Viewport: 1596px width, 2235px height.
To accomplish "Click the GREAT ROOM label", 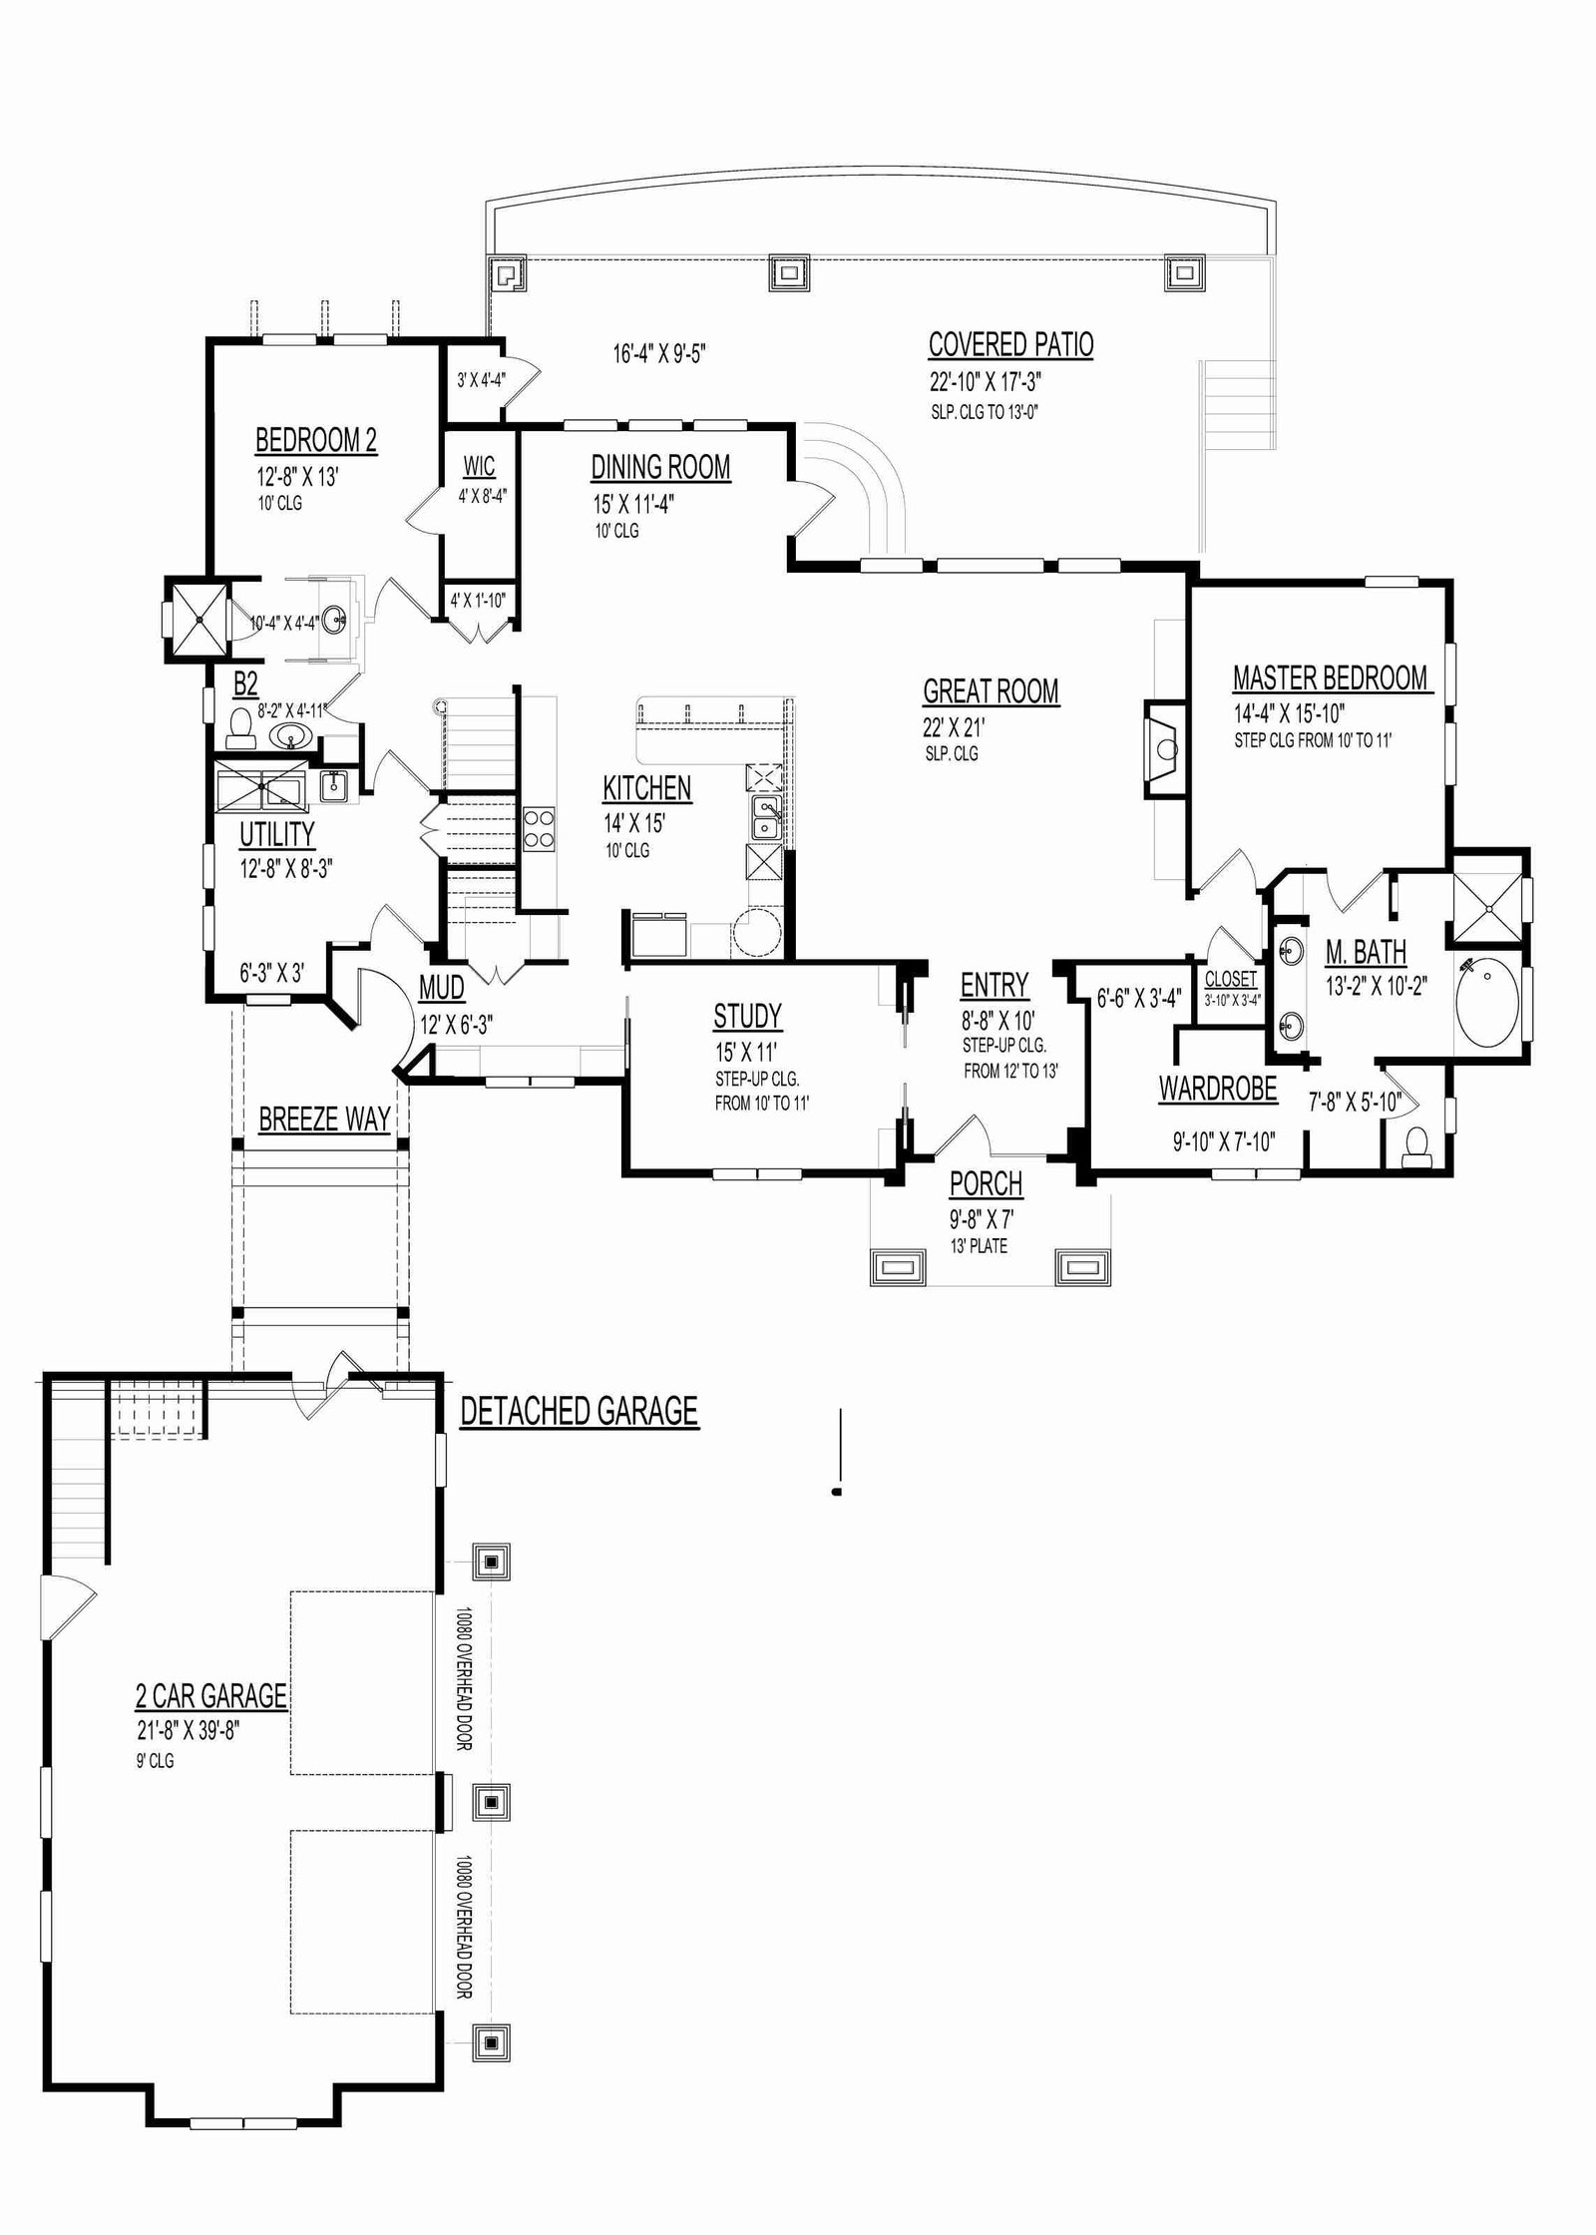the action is [991, 691].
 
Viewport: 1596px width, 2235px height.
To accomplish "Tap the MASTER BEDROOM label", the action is [1331, 678].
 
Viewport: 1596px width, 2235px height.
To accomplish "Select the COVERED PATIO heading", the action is [1010, 345].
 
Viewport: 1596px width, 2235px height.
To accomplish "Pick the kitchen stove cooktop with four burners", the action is [539, 828].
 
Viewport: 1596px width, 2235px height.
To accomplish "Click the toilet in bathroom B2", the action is [239, 727].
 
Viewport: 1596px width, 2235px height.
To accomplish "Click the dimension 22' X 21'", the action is [954, 728].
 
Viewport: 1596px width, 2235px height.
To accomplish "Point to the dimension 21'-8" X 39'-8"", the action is [189, 1730].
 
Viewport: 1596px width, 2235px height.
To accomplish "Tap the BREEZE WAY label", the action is [324, 1119].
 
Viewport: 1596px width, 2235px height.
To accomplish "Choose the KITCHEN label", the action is [646, 788].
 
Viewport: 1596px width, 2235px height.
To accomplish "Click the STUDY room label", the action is [747, 1016].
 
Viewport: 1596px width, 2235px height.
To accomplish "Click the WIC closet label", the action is [479, 467].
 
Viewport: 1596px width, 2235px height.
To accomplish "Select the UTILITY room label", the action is [276, 834].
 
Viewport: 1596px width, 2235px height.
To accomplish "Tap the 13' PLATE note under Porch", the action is [979, 1246].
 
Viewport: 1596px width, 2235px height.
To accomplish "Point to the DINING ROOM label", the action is [660, 467].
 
